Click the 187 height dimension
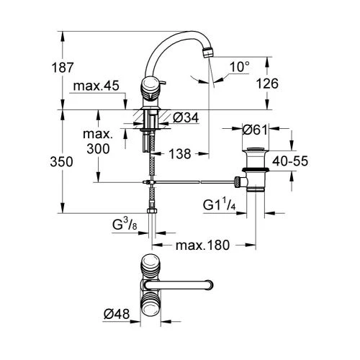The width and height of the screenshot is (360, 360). tap(62, 68)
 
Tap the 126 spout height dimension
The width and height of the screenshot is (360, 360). tap(267, 84)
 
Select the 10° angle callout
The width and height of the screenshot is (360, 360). tap(240, 66)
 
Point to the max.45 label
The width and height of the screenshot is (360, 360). tap(96, 86)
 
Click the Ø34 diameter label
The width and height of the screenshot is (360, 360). tap(186, 118)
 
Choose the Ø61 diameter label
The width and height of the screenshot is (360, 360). tap(255, 130)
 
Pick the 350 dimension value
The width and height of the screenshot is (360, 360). tap(61, 162)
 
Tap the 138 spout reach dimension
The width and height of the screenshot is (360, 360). tap(180, 154)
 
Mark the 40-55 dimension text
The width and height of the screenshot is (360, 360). tap(290, 161)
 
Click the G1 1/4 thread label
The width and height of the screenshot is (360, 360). tap(220, 204)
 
